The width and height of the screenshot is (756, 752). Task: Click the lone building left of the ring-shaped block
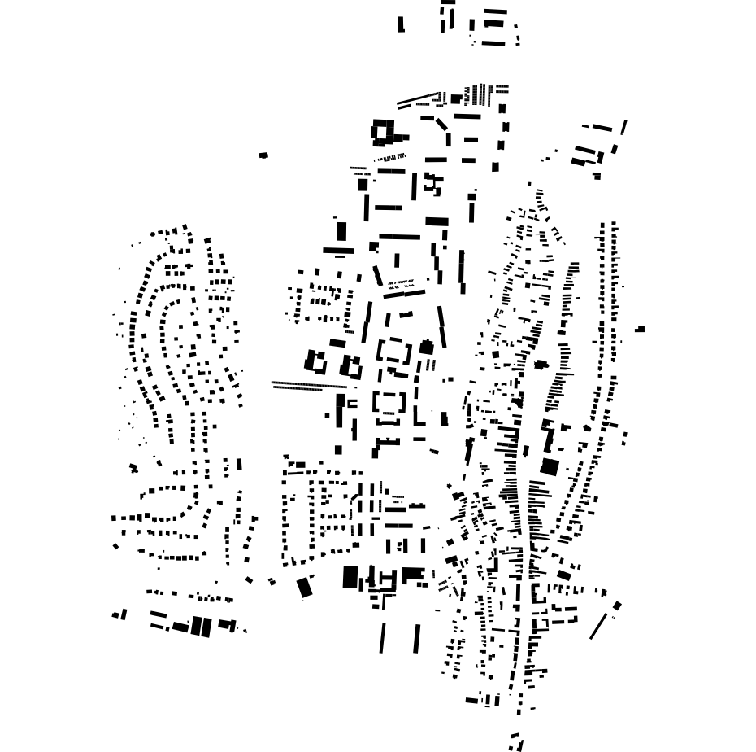pyautogui.click(x=263, y=155)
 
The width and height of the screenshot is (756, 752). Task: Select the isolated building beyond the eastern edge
pyautogui.click(x=640, y=329)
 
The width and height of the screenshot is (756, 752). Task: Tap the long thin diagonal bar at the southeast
pyautogui.click(x=598, y=626)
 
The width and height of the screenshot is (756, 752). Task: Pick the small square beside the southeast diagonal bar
pyautogui.click(x=617, y=606)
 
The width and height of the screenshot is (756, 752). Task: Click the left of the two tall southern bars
pyautogui.click(x=382, y=638)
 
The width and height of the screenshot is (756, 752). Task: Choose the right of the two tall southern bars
pyautogui.click(x=417, y=638)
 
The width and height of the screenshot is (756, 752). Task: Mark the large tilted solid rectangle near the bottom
pyautogui.click(x=305, y=587)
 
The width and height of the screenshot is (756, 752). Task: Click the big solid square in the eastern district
pyautogui.click(x=550, y=466)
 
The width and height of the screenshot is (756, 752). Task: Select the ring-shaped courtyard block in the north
pyautogui.click(x=382, y=131)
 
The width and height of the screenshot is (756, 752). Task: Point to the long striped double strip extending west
pyautogui.click(x=309, y=385)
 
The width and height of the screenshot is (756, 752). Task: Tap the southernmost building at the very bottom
pyautogui.click(x=515, y=742)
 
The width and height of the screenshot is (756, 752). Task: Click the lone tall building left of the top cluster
pyautogui.click(x=401, y=24)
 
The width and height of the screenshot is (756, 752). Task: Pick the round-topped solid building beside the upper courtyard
pyautogui.click(x=426, y=348)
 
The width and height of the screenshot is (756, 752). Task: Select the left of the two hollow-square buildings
pyautogui.click(x=315, y=361)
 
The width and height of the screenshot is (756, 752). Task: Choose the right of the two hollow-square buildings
pyautogui.click(x=352, y=365)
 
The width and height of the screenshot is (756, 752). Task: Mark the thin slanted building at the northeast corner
pyautogui.click(x=623, y=128)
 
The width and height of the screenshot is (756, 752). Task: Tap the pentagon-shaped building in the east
pyautogui.click(x=587, y=427)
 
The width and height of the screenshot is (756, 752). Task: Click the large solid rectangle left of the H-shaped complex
pyautogui.click(x=350, y=577)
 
